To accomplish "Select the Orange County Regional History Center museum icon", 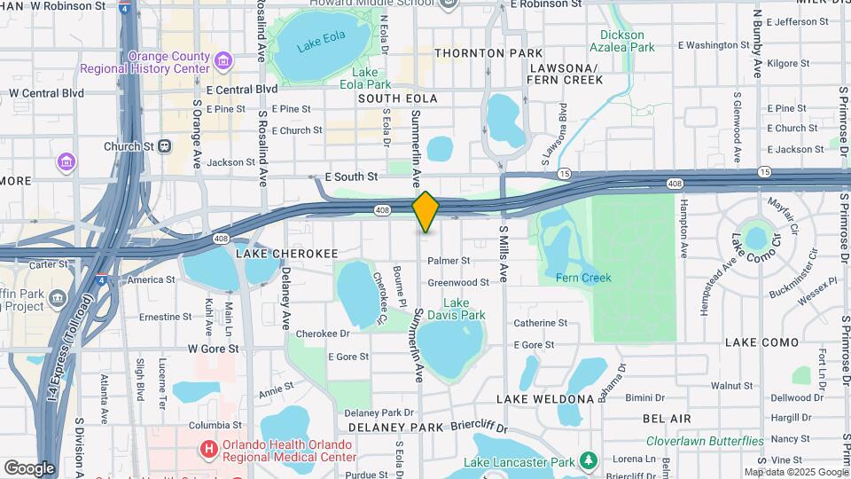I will (x=223, y=62).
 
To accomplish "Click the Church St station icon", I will (x=165, y=146).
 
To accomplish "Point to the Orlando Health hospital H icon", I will (x=208, y=450).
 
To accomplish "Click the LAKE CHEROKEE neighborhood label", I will (x=287, y=254).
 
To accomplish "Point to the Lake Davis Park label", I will (x=457, y=309).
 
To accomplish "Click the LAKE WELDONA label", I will (x=544, y=399).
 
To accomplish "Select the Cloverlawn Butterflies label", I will (x=705, y=441).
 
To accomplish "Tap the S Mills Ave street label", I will (x=503, y=254).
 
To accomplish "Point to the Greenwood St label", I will (x=458, y=283).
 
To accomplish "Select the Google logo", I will (x=29, y=467).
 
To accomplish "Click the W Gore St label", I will (x=213, y=349).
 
